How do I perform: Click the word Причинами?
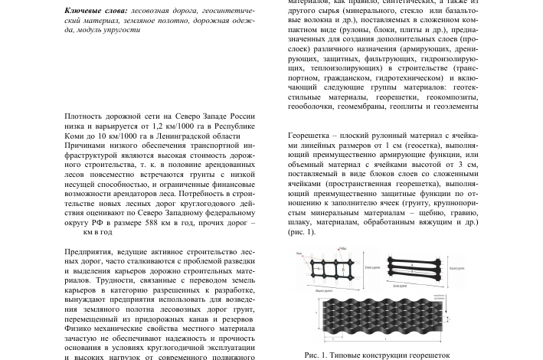click(x=88, y=146)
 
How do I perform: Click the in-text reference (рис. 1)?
click(x=301, y=232)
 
